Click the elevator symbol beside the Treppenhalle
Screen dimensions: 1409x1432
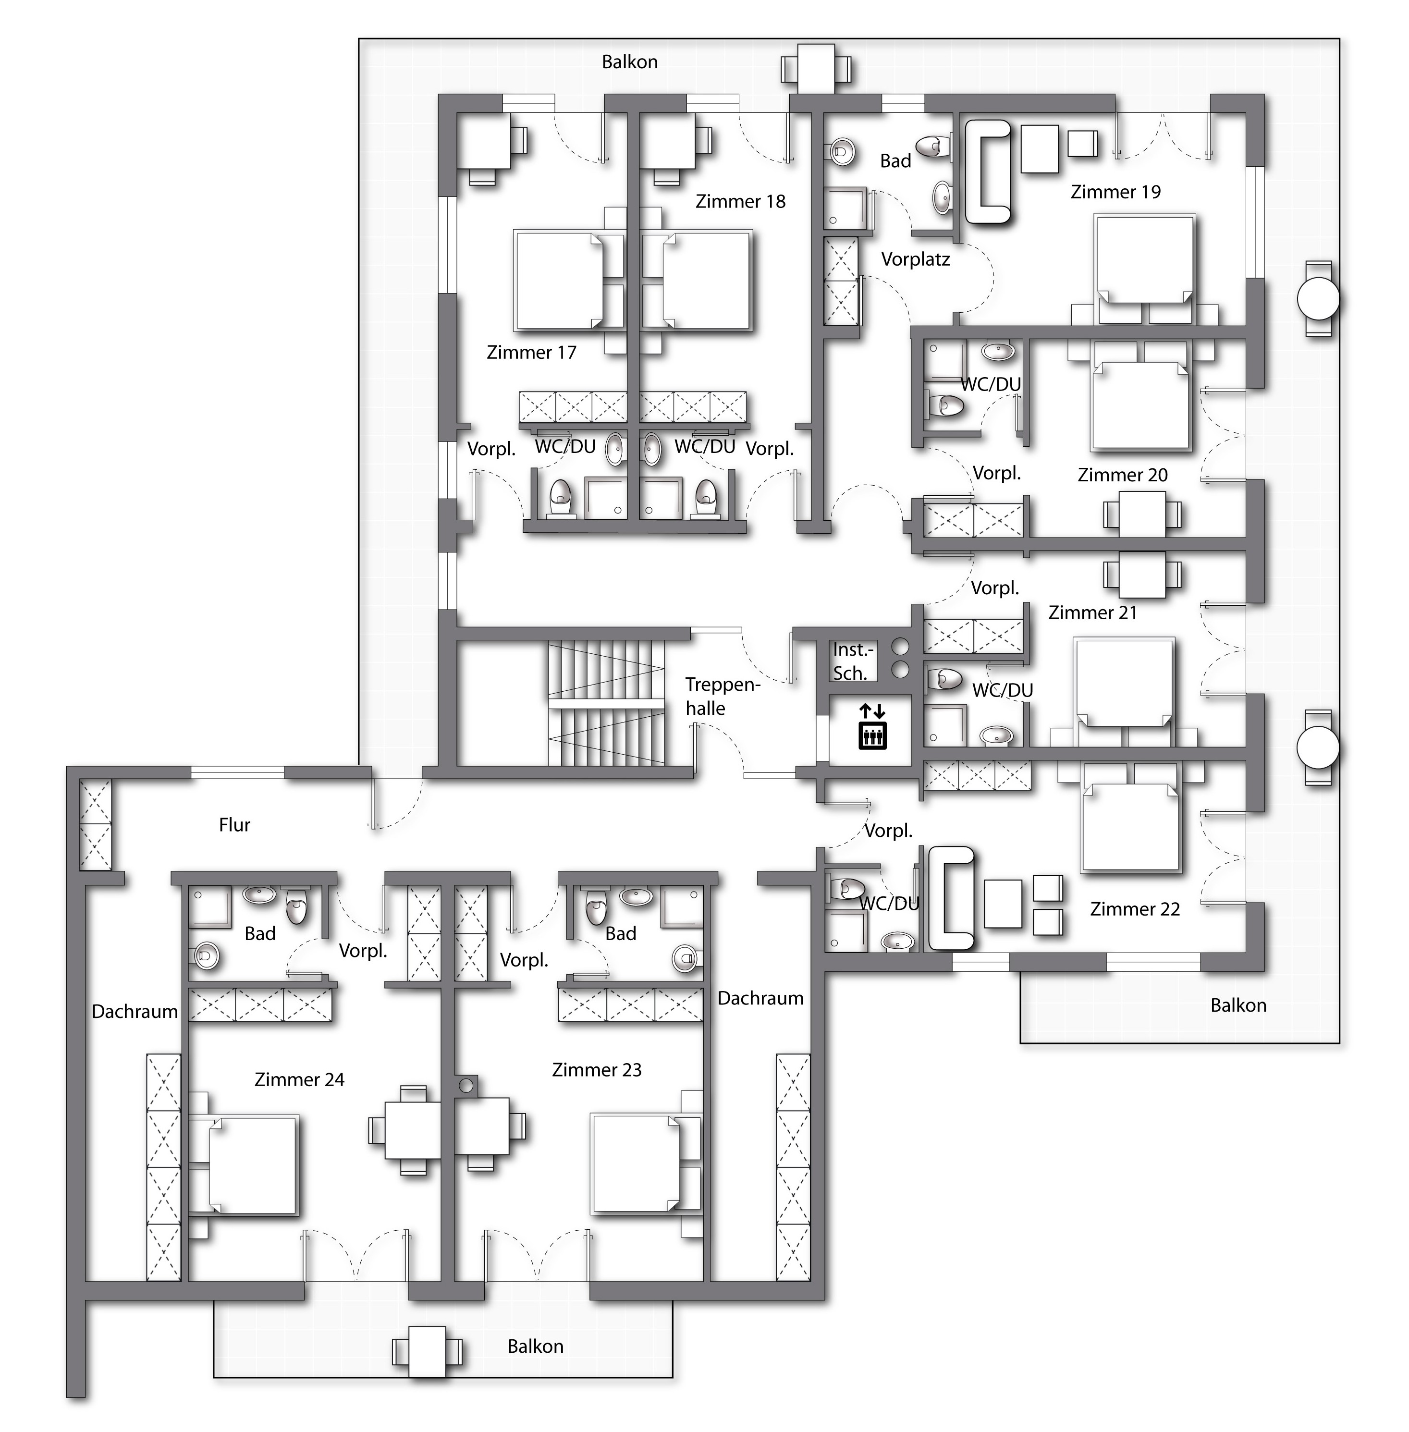pyautogui.click(x=872, y=727)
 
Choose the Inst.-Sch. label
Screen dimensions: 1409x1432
pyautogui.click(x=853, y=661)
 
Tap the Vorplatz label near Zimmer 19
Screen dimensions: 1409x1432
pyautogui.click(x=916, y=260)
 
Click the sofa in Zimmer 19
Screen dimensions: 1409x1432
pyautogui.click(x=988, y=171)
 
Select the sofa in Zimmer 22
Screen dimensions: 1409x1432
pyautogui.click(x=951, y=898)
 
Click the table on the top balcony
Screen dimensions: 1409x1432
pyautogui.click(x=816, y=69)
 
